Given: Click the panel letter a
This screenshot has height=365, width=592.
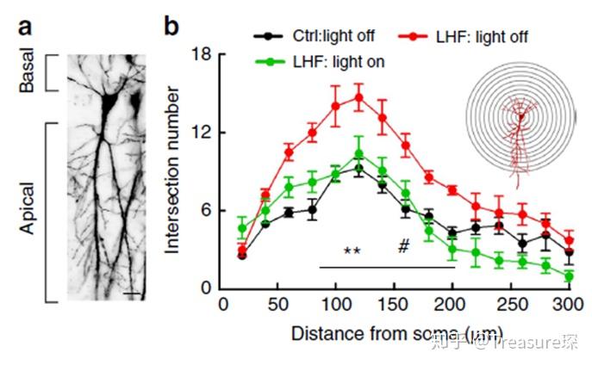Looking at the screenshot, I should click(x=26, y=25).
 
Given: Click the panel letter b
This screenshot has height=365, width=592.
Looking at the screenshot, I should click(x=171, y=25).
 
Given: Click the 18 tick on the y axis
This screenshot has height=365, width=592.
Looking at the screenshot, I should click(x=203, y=54).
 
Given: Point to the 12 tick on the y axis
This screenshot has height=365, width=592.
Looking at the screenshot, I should click(x=203, y=133).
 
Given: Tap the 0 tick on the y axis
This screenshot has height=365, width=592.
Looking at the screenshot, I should click(x=207, y=289).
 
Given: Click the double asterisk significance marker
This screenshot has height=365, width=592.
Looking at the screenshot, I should click(x=352, y=252).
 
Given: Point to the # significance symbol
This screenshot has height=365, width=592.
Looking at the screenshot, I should click(x=402, y=247).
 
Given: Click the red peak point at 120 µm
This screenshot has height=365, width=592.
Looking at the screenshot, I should click(x=358, y=97).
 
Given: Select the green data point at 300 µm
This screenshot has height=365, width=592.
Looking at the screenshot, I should click(x=568, y=276).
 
